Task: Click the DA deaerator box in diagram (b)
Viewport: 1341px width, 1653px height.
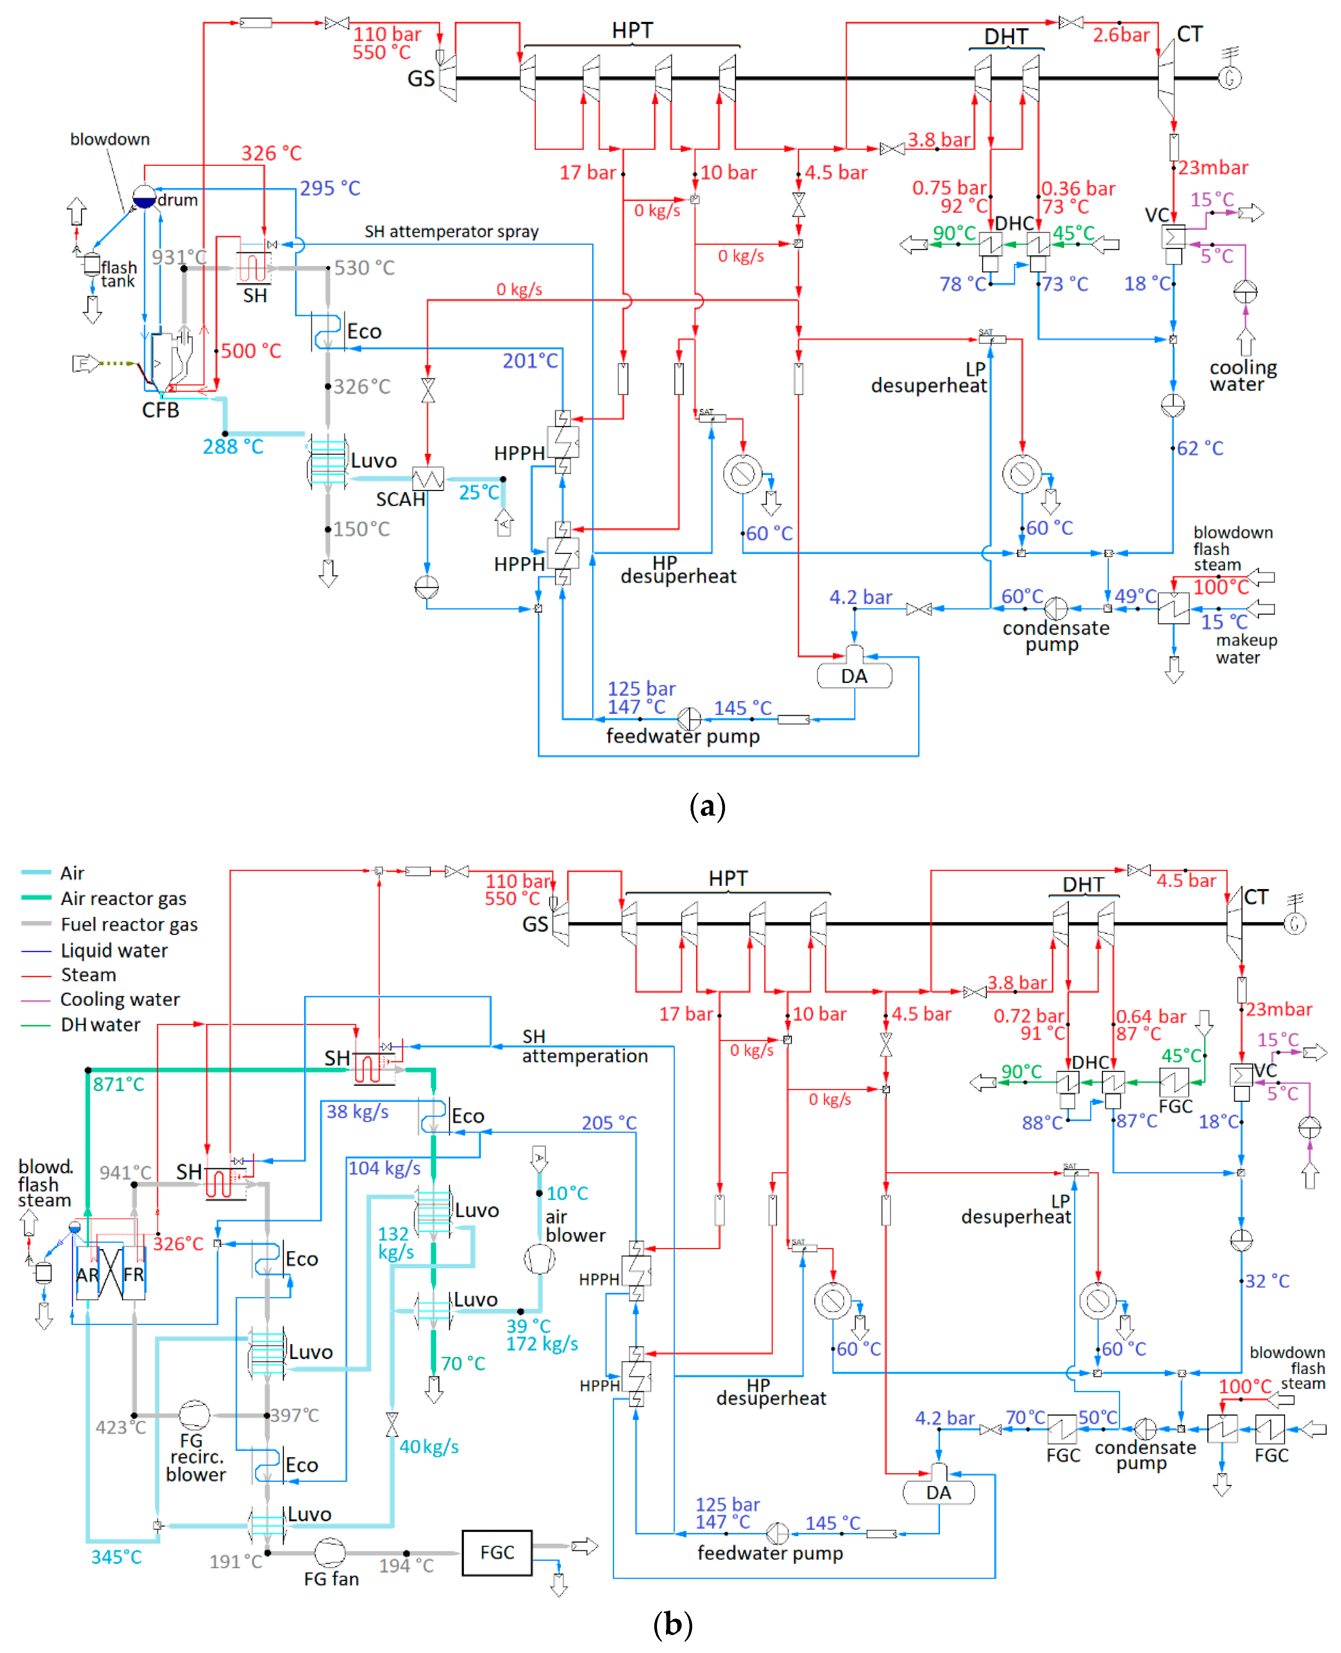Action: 938,1492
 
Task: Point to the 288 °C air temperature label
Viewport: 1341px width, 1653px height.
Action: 233,446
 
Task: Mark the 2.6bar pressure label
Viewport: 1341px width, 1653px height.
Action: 1121,35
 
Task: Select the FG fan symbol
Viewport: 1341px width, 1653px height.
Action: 330,1553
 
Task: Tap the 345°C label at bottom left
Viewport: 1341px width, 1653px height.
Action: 116,1557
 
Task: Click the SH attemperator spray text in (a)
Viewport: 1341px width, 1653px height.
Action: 452,231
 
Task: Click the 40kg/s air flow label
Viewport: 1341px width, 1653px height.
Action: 429,1447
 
